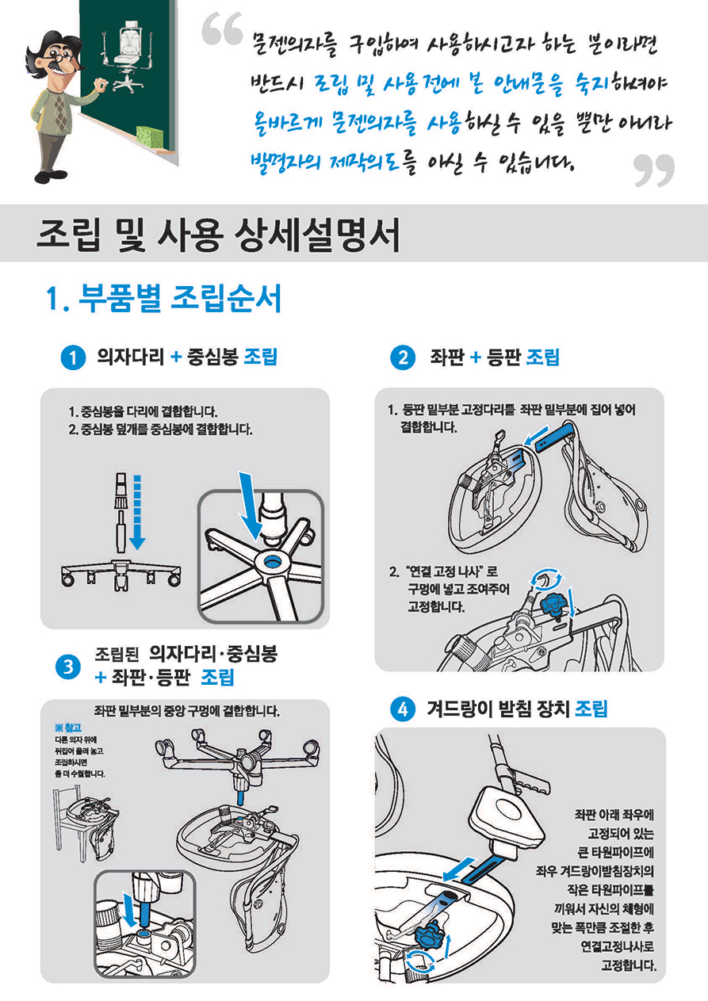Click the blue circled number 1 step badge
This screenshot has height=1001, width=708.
tap(73, 357)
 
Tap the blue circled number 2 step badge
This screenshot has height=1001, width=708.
tap(402, 357)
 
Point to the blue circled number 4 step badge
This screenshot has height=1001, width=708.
tap(403, 709)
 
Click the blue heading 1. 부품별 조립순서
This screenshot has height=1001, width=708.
tap(163, 298)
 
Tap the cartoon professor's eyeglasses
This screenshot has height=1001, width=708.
tap(60, 58)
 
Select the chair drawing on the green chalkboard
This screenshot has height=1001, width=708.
tap(128, 55)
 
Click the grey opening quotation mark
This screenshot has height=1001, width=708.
tap(222, 29)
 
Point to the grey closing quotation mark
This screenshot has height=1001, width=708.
tap(654, 170)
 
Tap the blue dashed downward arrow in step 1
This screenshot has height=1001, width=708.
tap(137, 512)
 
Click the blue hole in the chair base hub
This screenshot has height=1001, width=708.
tap(271, 561)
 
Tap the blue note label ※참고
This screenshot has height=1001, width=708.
tap(68, 728)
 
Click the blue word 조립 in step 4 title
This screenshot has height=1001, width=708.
tap(591, 709)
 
